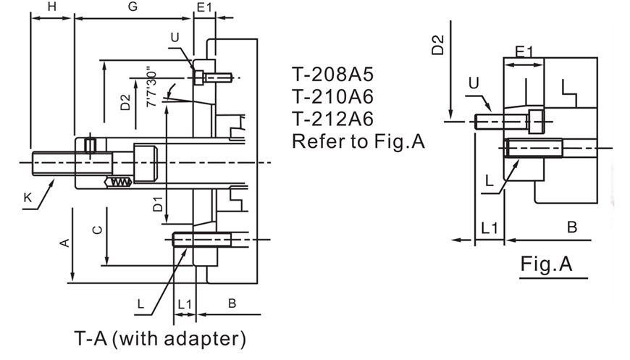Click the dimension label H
pyautogui.click(x=51, y=7)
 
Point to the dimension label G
pyautogui.click(x=133, y=7)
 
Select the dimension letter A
pyautogui.click(x=64, y=243)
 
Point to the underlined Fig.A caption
pyautogui.click(x=546, y=265)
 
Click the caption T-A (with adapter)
pyautogui.click(x=160, y=338)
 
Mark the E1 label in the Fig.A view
pyautogui.click(x=524, y=51)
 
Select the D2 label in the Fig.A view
pyautogui.click(x=438, y=45)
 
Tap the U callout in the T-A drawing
pyautogui.click(x=174, y=38)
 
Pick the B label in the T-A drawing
pyautogui.click(x=232, y=304)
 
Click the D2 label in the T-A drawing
pyautogui.click(x=125, y=102)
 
